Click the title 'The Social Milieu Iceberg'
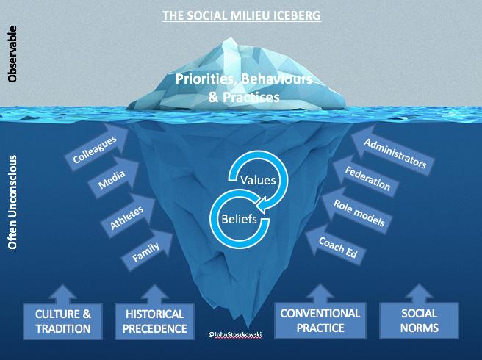pos(241,15)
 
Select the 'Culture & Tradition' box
pos(62,321)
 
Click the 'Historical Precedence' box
pos(151,321)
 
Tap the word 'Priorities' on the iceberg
pos(204,78)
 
